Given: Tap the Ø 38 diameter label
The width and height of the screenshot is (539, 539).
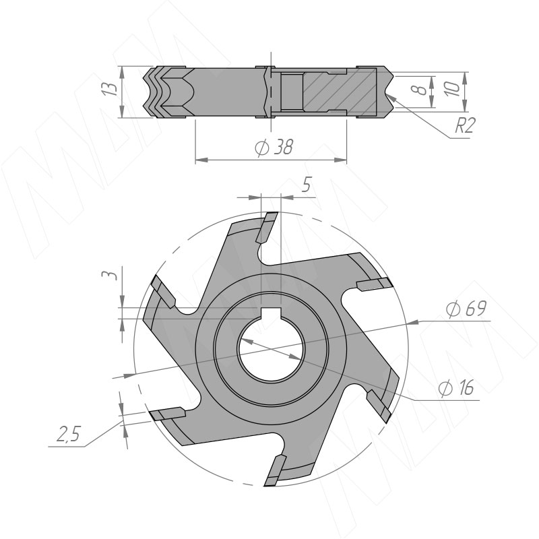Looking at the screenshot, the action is pyautogui.click(x=274, y=147).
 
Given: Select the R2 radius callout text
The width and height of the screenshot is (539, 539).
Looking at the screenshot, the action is pyautogui.click(x=465, y=125).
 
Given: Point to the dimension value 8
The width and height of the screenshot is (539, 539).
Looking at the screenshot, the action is pyautogui.click(x=419, y=90).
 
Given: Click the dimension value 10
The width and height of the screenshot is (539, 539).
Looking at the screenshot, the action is pyautogui.click(x=452, y=89).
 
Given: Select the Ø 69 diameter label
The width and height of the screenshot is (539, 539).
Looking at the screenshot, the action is pyautogui.click(x=466, y=309).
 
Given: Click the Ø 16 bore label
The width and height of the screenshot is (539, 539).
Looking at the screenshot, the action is pyautogui.click(x=457, y=388).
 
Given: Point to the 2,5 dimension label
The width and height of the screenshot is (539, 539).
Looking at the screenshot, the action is pyautogui.click(x=68, y=434).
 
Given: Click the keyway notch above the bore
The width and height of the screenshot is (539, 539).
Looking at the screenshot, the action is pyautogui.click(x=271, y=313).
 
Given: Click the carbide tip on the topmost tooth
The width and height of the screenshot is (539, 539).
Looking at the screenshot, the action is pyautogui.click(x=267, y=228).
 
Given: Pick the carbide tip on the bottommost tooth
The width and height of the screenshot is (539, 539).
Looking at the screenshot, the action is pyautogui.click(x=275, y=470).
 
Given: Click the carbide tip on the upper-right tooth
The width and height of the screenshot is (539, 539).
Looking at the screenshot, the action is pyautogui.click(x=375, y=284).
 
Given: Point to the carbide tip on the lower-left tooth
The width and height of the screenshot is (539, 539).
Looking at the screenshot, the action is pyautogui.click(x=168, y=414).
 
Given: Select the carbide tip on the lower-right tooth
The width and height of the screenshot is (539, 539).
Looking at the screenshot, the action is pyautogui.click(x=379, y=406).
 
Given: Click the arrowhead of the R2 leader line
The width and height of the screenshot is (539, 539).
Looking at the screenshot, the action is pyautogui.click(x=393, y=99).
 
